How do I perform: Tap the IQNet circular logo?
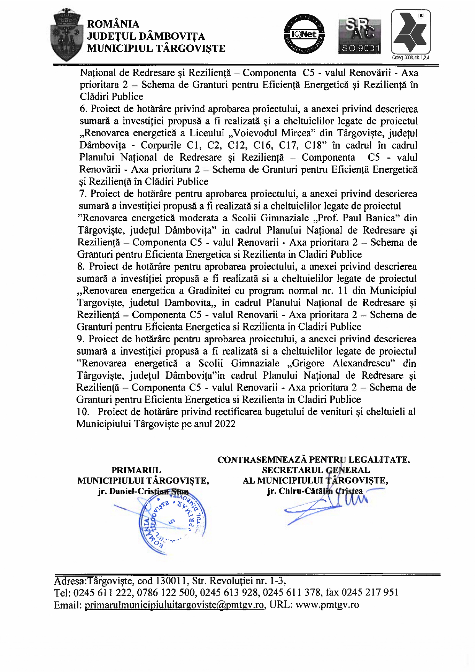tap(304, 34)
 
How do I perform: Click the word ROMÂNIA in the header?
tap(113, 24)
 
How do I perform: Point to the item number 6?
tap(83, 109)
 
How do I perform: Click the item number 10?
tap(82, 412)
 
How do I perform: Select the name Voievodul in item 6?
tap(255, 133)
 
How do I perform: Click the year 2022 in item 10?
tap(225, 424)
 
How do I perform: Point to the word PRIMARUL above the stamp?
tap(136, 470)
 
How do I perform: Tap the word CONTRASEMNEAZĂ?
tap(262, 460)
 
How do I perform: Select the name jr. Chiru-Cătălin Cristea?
tap(315, 491)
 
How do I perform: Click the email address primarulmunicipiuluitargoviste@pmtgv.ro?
tap(174, 605)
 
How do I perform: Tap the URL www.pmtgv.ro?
tap(327, 605)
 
